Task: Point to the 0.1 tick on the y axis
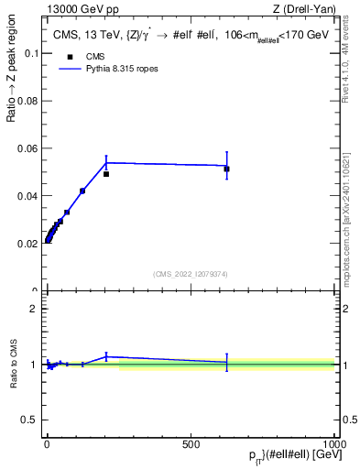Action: coord(30,53)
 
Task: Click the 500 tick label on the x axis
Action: coord(191,443)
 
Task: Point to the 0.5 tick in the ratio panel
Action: coord(30,420)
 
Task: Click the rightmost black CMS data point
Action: coord(226,169)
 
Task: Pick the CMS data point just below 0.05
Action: coord(106,174)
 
